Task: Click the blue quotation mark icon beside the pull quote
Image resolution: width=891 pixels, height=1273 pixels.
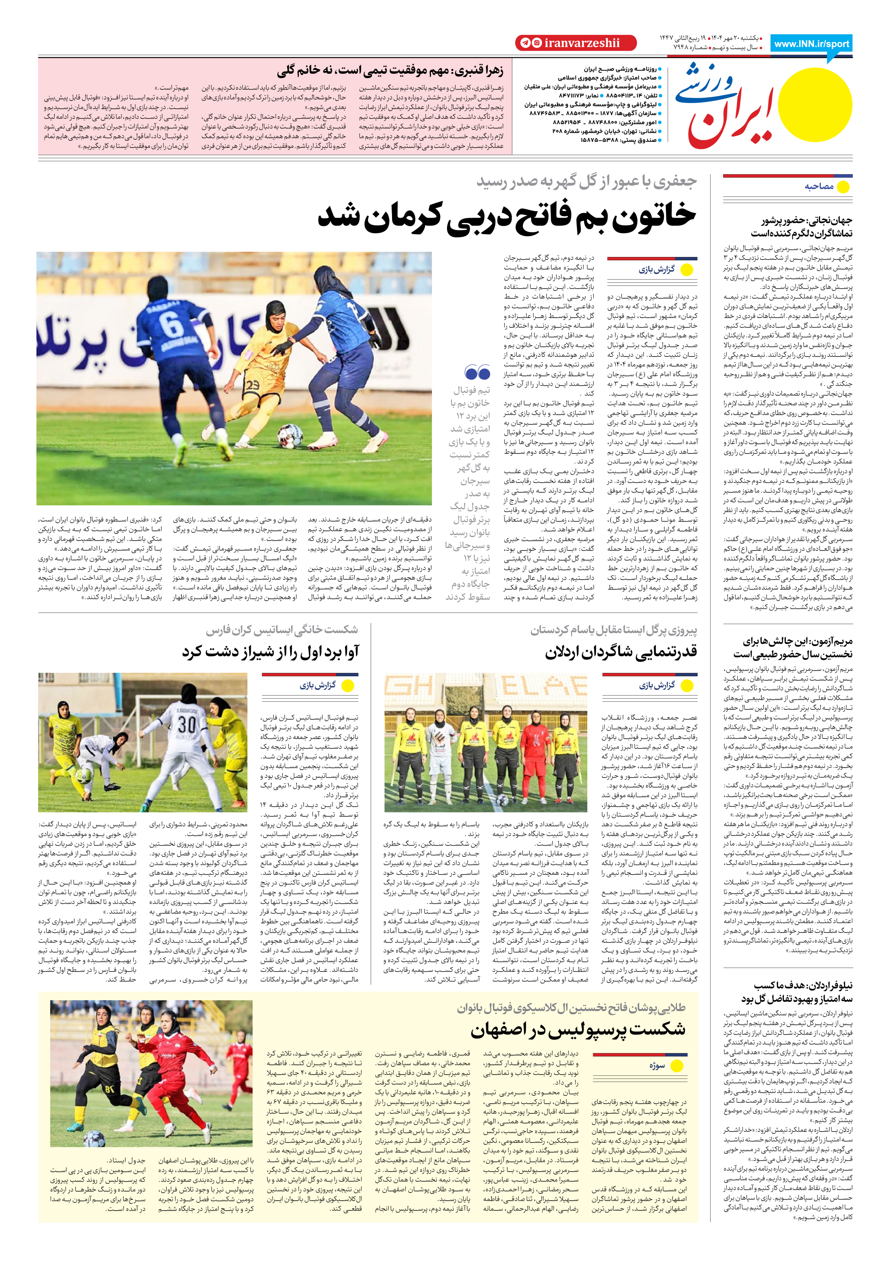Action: coord(477,372)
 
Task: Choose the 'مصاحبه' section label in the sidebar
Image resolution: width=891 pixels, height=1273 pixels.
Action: coord(819,186)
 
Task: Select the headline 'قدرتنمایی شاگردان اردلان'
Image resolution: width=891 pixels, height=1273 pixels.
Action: coord(620,652)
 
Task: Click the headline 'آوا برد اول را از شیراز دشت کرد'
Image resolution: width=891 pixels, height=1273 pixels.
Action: coord(271,652)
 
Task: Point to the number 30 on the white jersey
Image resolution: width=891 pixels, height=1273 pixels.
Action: coord(186,724)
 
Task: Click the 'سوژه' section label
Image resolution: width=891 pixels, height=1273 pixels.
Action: coord(656,1066)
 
